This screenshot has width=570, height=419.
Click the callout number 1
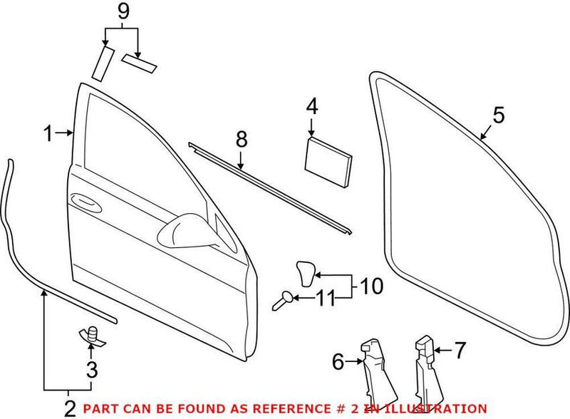coord(48,133)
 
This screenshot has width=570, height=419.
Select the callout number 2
coord(70,408)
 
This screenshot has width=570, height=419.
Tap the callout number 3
coord(90,369)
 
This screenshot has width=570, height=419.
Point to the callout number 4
coord(312,108)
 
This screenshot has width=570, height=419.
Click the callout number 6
coord(338,362)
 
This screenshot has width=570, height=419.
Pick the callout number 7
coord(459,349)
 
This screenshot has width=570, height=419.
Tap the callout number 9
coord(123,11)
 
